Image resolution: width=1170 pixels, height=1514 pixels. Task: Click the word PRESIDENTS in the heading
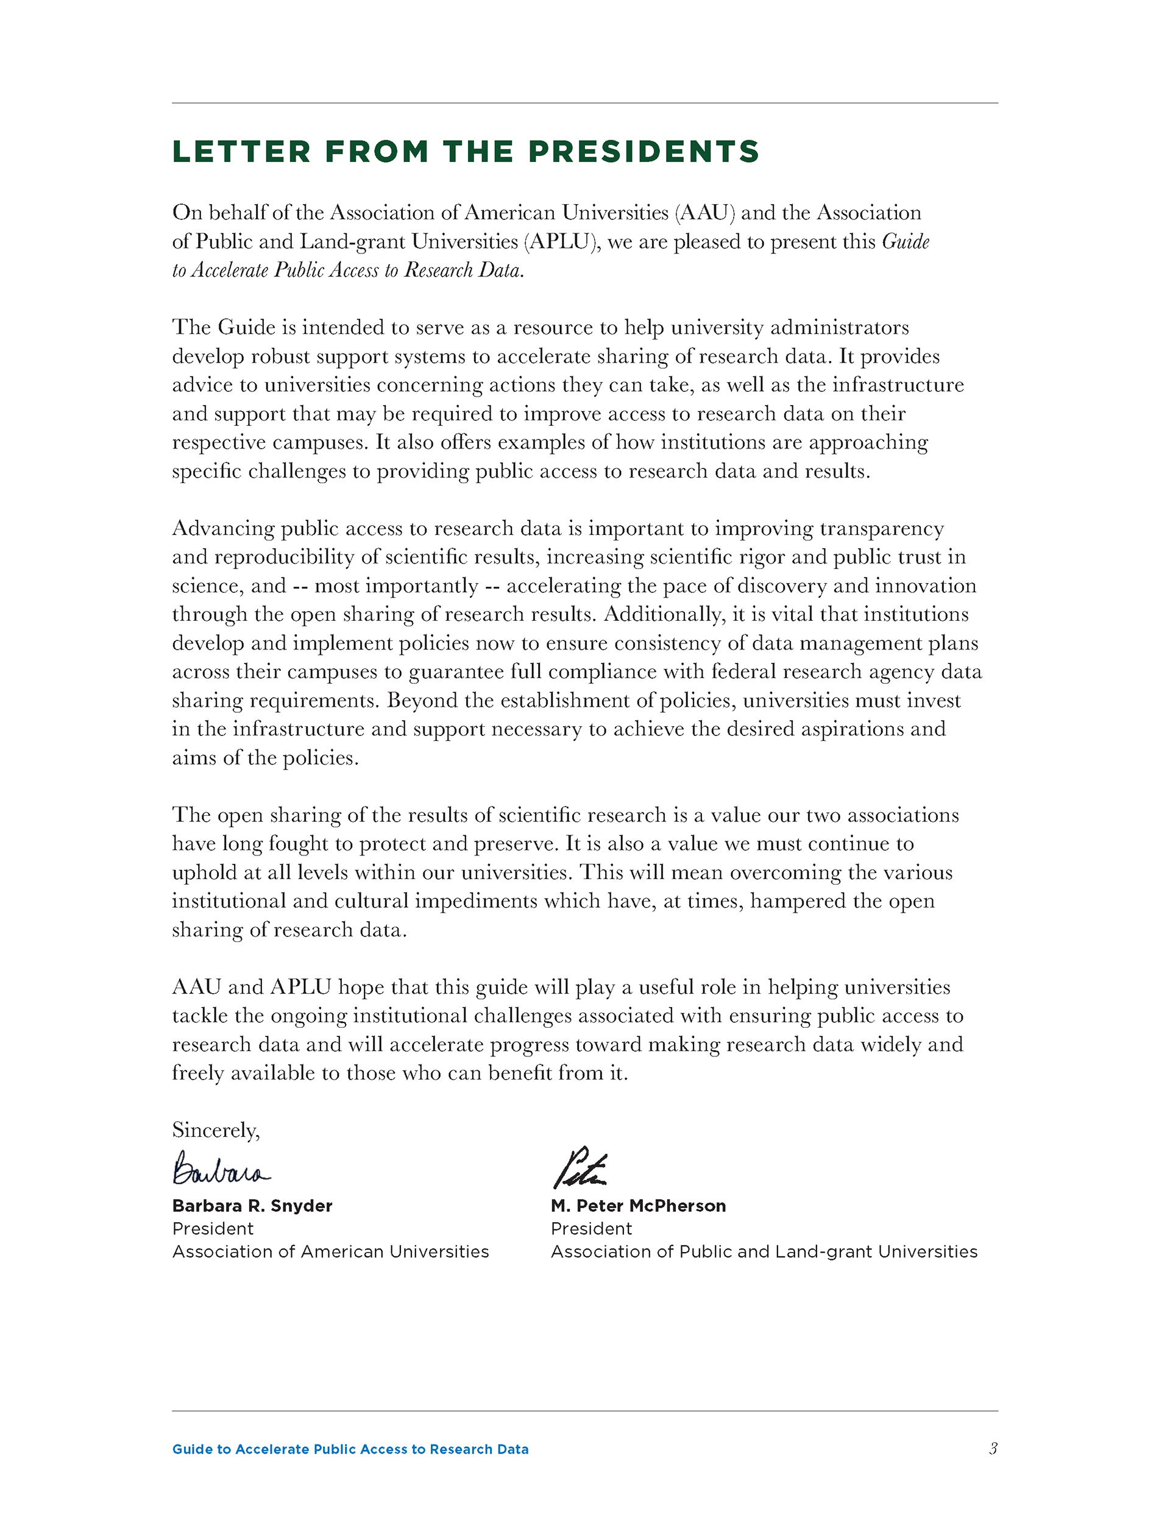(x=643, y=152)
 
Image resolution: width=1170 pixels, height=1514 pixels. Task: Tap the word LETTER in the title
(x=241, y=152)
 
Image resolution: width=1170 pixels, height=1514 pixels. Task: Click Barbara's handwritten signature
(x=221, y=1169)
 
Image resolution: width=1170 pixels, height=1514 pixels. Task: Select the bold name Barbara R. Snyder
(x=252, y=1206)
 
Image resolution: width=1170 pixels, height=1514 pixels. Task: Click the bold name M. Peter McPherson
(x=638, y=1206)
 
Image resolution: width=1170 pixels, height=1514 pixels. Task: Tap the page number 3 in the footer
(x=993, y=1448)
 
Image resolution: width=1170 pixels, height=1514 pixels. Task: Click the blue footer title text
(x=350, y=1449)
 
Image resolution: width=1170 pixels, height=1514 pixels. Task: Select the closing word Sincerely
(x=216, y=1130)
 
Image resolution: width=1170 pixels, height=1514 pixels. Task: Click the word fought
(x=298, y=844)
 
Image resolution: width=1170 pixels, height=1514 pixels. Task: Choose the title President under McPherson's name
(x=591, y=1228)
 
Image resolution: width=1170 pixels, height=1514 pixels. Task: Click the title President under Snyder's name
(x=213, y=1228)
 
